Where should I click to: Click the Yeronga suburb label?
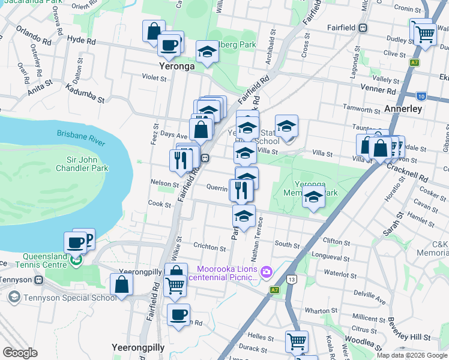pos(176,66)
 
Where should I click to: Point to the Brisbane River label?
pos(81,137)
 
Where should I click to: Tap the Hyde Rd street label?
pos(82,41)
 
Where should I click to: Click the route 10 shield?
pos(421,95)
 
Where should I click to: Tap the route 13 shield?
pos(292,279)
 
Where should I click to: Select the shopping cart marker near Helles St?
pos(297,341)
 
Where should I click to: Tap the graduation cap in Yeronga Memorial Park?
pos(313,197)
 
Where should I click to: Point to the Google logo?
pos(20,353)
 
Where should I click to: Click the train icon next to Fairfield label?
pos(363,28)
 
